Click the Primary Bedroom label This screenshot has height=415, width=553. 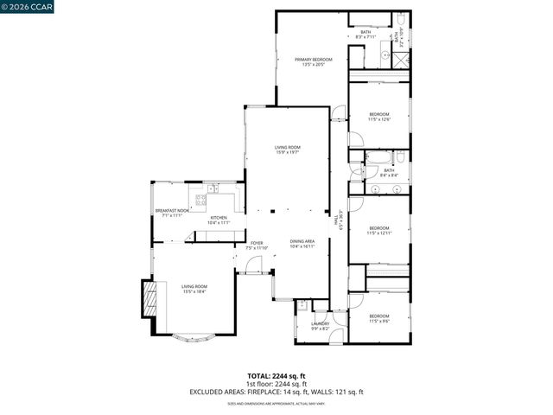(313, 61)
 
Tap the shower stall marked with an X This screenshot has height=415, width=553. (402, 61)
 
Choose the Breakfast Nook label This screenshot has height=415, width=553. (171, 213)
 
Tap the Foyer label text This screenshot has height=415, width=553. (257, 246)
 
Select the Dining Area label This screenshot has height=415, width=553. (302, 244)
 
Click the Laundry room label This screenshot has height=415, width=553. (320, 326)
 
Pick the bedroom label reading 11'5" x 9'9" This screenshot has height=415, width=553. (379, 318)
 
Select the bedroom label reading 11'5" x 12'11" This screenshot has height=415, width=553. (379, 231)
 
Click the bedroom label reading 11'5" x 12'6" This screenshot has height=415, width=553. (379, 117)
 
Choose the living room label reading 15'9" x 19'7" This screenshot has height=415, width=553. (287, 150)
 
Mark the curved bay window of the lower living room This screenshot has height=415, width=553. (194, 338)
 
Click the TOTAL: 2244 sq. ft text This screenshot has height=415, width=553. (276, 376)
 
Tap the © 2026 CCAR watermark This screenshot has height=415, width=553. (28, 9)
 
